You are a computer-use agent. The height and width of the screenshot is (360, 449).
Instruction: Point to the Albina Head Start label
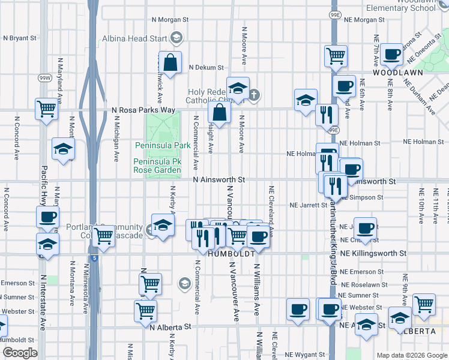pyautogui.click(x=137, y=38)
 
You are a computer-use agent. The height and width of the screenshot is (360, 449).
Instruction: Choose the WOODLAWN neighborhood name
pyautogui.click(x=398, y=72)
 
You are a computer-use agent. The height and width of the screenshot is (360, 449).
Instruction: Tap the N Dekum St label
pyautogui.click(x=206, y=68)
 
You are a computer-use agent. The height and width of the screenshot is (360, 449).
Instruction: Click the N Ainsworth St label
pyautogui.click(x=219, y=179)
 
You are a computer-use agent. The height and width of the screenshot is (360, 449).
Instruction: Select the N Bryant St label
pyautogui.click(x=20, y=38)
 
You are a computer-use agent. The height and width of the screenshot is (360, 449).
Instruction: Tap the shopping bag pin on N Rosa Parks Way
pyautogui.click(x=220, y=112)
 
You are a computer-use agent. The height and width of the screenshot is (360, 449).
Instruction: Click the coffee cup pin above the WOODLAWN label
pyautogui.click(x=391, y=54)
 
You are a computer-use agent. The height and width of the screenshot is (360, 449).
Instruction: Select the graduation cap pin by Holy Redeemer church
pyautogui.click(x=238, y=88)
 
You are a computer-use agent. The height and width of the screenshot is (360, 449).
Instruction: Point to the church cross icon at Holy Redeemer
pyautogui.click(x=254, y=94)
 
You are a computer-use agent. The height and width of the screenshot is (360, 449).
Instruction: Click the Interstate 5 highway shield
pyautogui.click(x=95, y=258)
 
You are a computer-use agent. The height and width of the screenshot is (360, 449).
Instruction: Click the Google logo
pyautogui.click(x=20, y=353)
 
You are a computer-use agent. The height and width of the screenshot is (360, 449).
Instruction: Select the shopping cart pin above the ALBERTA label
pyautogui.click(x=424, y=304)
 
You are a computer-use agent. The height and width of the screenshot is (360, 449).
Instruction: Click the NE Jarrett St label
pyautogui.click(x=309, y=205)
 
